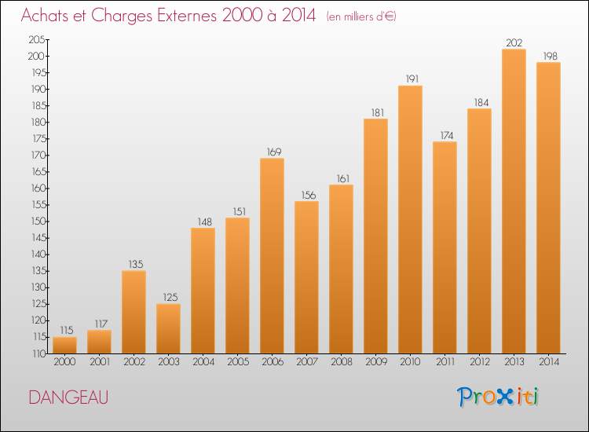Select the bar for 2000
tap(64, 345)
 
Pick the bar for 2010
tap(410, 219)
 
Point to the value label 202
tap(514, 42)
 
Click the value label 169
tap(272, 152)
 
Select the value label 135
tap(134, 264)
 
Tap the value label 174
tap(444, 135)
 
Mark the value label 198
tap(548, 56)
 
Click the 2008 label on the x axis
tap(341, 361)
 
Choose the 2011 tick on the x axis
tap(444, 361)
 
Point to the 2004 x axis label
tap(203, 361)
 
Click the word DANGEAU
tap(68, 397)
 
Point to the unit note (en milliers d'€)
tap(361, 16)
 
